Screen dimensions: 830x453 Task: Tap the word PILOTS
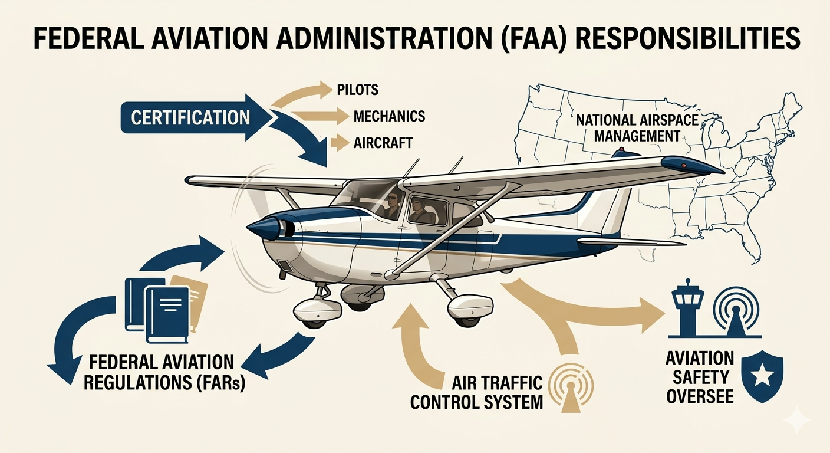(358, 90)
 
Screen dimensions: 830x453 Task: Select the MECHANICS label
(389, 116)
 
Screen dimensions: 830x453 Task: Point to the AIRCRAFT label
(383, 143)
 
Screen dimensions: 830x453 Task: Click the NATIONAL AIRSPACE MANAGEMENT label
(637, 128)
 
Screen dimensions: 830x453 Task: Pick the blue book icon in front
(167, 316)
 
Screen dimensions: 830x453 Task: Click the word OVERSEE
(700, 396)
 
